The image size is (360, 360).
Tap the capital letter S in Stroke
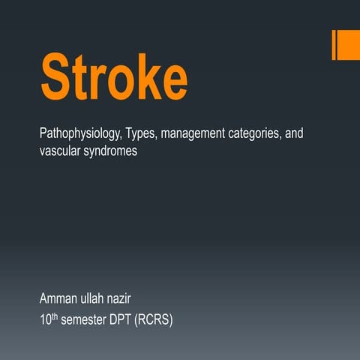tap(57, 76)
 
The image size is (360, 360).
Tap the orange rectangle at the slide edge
tap(346, 45)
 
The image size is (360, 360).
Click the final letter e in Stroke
tap(174, 79)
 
